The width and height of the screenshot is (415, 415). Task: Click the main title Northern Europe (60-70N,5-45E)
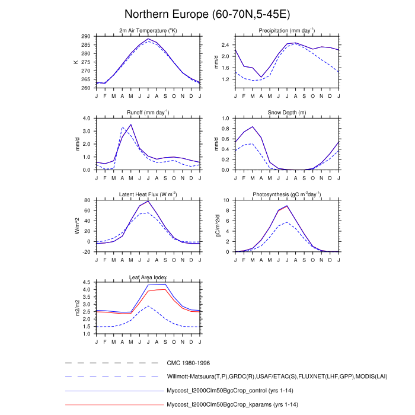click(207, 14)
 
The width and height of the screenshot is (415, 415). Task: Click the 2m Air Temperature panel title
click(148, 31)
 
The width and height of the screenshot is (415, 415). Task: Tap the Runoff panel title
click(148, 113)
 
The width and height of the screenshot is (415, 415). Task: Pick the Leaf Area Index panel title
click(148, 277)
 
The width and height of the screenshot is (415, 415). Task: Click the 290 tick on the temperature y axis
click(87, 36)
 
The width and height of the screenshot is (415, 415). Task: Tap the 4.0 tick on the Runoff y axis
click(87, 118)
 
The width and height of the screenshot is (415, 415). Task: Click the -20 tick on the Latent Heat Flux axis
click(87, 252)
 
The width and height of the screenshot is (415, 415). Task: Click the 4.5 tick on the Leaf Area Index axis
click(87, 282)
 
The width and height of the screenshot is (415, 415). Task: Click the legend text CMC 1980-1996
click(188, 362)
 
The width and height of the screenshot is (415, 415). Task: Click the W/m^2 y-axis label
click(76, 226)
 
